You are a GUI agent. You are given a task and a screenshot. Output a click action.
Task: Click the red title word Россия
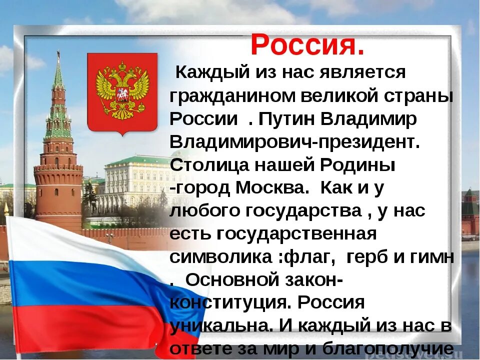click(307, 46)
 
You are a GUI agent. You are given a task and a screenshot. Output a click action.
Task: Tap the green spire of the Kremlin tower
click(58, 80)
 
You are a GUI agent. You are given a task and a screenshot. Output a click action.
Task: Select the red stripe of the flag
click(75, 325)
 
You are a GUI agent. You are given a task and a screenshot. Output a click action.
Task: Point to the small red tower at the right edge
click(470, 210)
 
